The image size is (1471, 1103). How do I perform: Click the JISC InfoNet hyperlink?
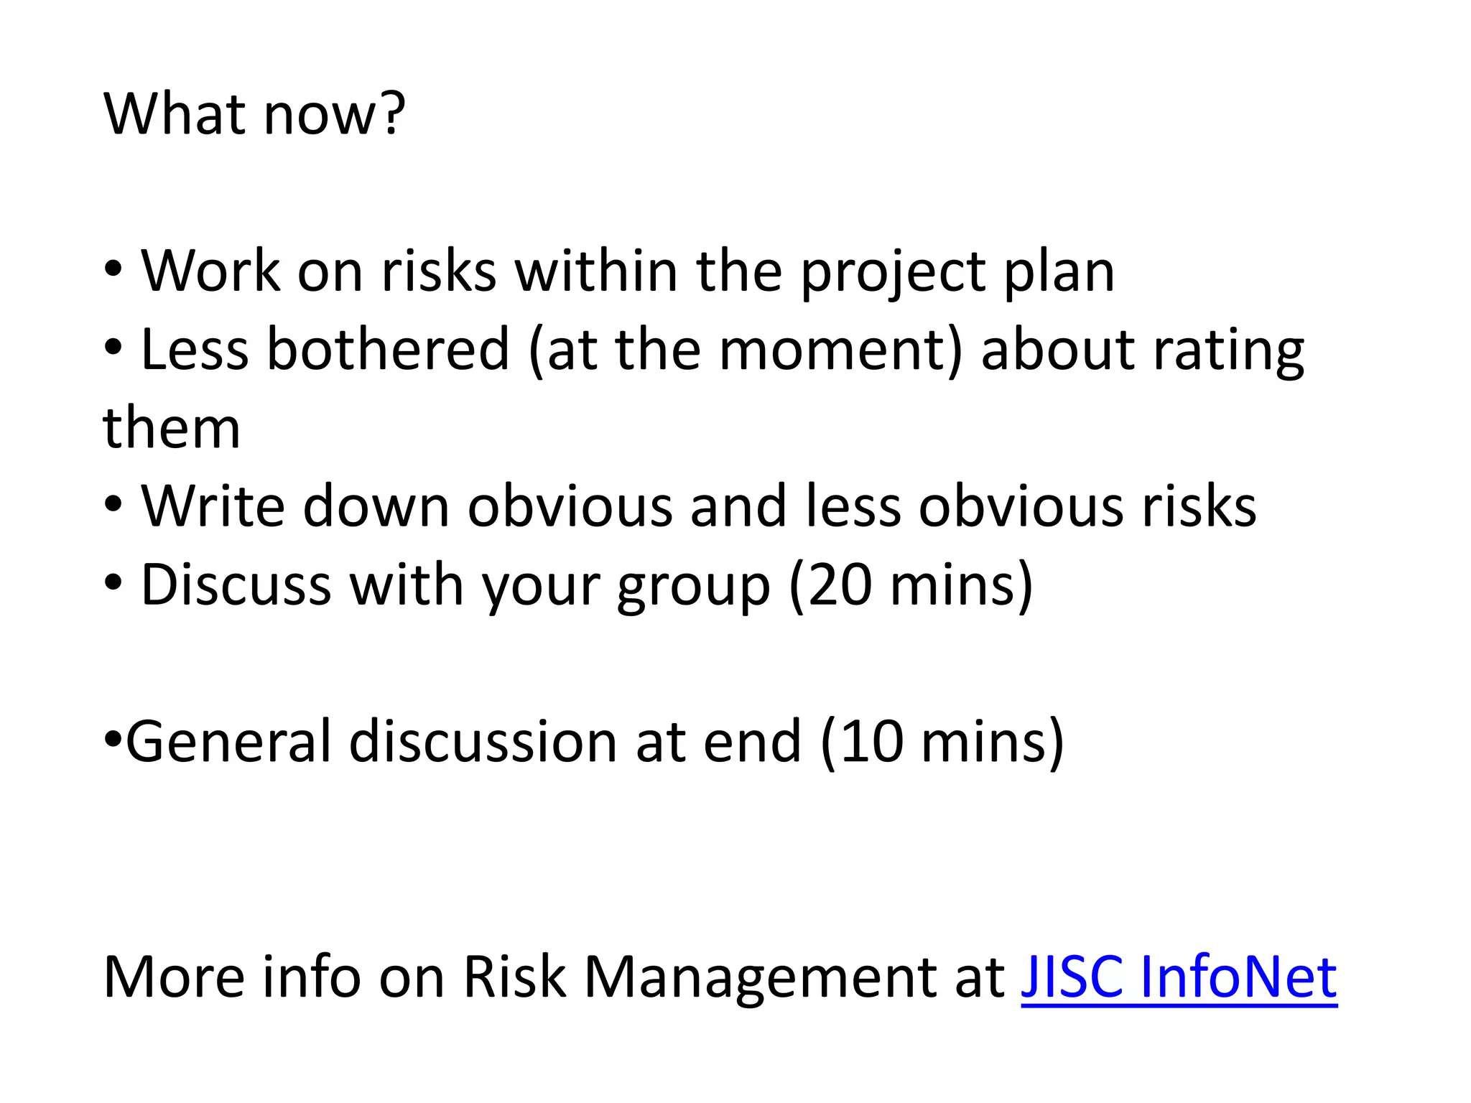click(x=1178, y=977)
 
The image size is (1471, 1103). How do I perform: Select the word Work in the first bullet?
click(x=210, y=271)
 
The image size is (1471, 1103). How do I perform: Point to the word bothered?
click(x=388, y=349)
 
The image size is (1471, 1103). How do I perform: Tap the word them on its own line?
click(x=172, y=429)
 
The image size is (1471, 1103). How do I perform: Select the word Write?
click(x=213, y=506)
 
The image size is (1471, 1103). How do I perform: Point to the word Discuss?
click(x=236, y=585)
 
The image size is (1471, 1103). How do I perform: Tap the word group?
click(x=692, y=587)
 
